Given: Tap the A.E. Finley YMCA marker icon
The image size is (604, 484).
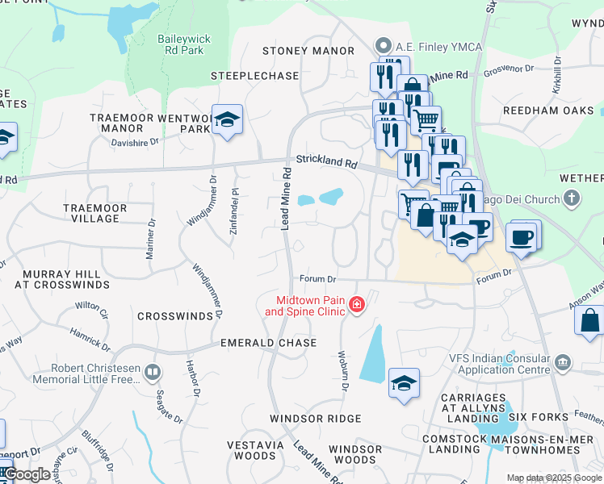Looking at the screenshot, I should (x=384, y=47).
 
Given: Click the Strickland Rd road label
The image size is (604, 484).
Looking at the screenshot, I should (x=326, y=161).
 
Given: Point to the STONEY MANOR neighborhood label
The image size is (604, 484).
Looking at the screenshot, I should (x=296, y=51).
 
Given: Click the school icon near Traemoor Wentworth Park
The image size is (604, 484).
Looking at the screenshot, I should (x=229, y=119).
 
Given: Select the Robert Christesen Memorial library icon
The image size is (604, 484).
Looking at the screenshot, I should (x=153, y=372).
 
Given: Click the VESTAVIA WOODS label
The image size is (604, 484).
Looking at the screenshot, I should (x=251, y=450).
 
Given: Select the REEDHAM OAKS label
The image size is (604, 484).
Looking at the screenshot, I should (x=548, y=111).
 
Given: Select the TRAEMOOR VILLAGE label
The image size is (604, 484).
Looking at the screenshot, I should (x=94, y=213).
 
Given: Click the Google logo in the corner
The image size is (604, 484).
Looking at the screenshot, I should (x=27, y=475).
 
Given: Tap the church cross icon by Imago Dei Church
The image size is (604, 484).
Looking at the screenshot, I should (x=572, y=198).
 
